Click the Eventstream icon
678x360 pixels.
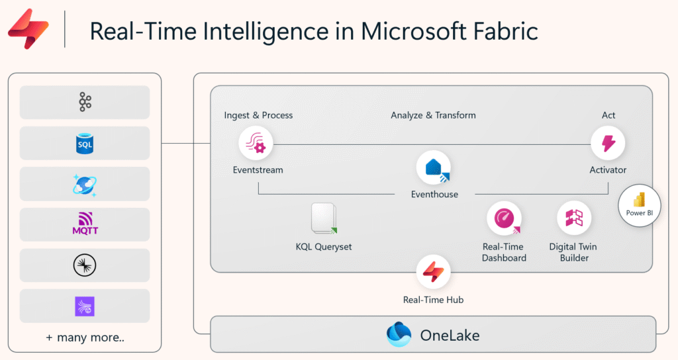coord(256,144)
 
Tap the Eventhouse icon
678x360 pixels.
coord(434,168)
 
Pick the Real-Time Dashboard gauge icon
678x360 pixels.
coord(504,219)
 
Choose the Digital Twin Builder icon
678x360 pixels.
coord(573,219)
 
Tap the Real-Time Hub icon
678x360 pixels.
coord(433,273)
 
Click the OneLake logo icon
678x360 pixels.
coord(399,334)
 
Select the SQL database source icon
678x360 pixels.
coord(85,144)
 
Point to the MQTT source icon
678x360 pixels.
coord(85,224)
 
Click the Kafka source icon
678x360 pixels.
coord(85,103)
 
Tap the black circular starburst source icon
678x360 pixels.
coord(85,265)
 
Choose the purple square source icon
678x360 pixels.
coord(85,306)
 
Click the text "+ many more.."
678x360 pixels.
coord(85,337)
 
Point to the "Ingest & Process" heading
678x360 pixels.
coord(258,115)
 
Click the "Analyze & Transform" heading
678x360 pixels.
coord(433,115)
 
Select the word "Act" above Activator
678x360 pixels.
coord(608,115)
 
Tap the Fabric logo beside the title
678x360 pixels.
coord(28,29)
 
